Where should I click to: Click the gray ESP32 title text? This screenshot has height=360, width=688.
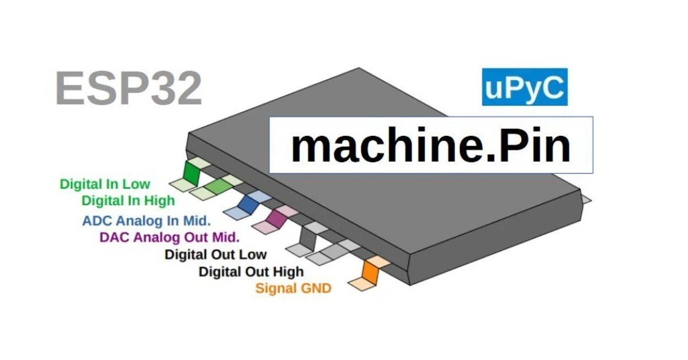pos(128,88)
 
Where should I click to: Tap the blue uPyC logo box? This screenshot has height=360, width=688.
pos(525,87)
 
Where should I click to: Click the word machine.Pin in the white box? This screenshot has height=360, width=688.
pos(430,145)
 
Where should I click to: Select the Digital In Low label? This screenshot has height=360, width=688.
pos(105,185)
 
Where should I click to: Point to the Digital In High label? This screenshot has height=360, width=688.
pos(128,201)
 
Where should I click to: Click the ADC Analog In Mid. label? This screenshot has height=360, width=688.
pos(147,221)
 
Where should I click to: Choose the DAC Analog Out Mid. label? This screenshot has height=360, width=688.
pos(169,237)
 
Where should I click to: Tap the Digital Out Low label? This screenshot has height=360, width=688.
pos(216,255)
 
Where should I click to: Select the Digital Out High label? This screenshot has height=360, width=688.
pos(251,272)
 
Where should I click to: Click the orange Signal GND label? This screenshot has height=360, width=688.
pos(294,288)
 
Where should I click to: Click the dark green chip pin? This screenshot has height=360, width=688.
pos(191,173)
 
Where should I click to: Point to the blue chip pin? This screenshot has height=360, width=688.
pos(249,205)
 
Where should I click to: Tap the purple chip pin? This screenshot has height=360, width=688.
pos(276,218)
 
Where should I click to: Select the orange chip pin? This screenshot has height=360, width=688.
pos(371,272)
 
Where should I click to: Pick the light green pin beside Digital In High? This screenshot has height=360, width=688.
pos(218,186)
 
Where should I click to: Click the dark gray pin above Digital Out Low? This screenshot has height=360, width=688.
pos(308,238)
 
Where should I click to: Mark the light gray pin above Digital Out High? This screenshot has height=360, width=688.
pos(334,251)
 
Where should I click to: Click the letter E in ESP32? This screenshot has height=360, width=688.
pos(70,88)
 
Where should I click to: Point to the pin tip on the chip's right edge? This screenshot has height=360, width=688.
pos(587,200)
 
